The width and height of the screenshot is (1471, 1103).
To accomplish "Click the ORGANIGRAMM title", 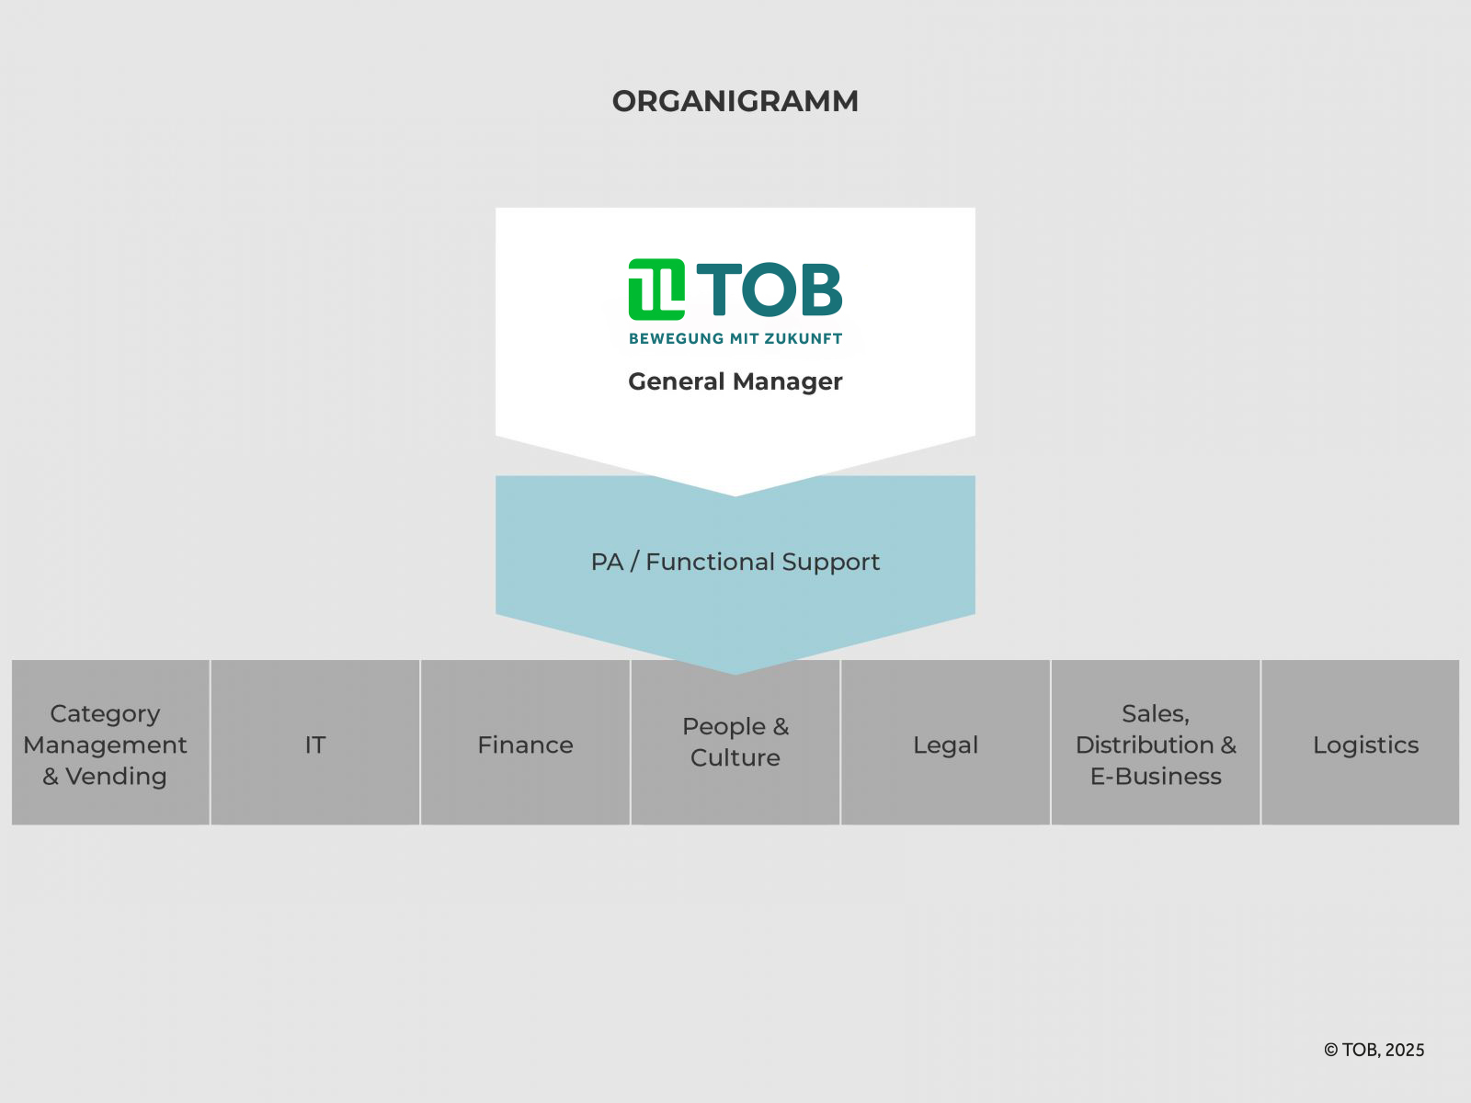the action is [735, 101].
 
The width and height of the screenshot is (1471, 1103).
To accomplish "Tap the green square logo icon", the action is [656, 290].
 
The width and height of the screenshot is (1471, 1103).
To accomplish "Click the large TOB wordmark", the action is [770, 290].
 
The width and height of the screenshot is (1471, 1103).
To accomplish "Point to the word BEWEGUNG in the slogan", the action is [676, 339].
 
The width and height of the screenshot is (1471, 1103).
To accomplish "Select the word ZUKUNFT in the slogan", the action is [804, 339].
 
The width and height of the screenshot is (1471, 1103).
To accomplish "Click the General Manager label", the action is [735, 381].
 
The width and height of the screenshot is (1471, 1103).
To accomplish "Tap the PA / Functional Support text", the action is [735, 562].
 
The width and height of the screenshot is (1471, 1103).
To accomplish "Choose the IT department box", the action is [315, 742].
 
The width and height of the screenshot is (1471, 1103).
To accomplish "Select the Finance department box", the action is [525, 742].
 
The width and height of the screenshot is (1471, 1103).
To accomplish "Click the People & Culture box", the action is [735, 742].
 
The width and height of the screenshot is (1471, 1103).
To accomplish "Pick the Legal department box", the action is [946, 742].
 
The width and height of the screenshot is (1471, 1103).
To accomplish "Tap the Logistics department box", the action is [1361, 742].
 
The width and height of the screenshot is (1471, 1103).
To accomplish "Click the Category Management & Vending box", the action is [110, 742].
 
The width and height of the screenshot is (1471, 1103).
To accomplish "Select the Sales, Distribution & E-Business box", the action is [1156, 742].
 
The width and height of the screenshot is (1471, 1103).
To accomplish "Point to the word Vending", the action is [116, 776].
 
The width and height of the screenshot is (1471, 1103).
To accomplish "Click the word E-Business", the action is [1156, 776].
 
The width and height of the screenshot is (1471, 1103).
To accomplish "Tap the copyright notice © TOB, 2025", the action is [1374, 1050].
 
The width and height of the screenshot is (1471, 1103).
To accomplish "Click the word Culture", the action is [735, 758].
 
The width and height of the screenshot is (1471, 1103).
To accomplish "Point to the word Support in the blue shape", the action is [831, 563].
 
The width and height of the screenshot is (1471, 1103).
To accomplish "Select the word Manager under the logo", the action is [787, 381].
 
